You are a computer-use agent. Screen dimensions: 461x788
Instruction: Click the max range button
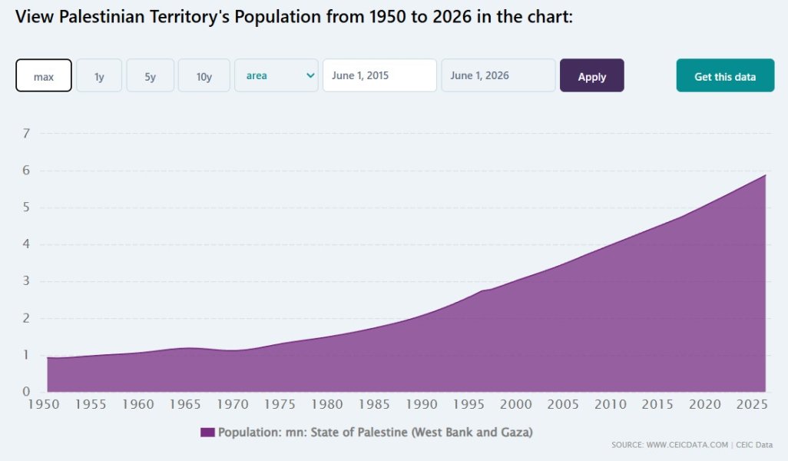pos(44,76)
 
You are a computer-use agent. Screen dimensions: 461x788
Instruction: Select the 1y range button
pos(99,76)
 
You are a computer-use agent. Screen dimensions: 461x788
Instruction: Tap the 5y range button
pos(151,76)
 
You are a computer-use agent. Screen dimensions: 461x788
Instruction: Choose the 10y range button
pos(204,76)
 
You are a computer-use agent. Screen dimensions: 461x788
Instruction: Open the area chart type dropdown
pos(276,76)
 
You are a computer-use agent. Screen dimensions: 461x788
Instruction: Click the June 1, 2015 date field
pos(379,76)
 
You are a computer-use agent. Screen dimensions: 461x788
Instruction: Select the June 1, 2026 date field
pos(498,76)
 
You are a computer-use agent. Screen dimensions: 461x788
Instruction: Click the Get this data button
pos(725,76)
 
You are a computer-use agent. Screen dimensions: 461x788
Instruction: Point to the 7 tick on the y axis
pos(26,134)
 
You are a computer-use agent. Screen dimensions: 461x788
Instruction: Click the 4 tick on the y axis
pos(26,244)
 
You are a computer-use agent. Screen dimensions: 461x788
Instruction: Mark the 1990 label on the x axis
pos(422,404)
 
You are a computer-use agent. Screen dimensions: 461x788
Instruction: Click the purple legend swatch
pos(207,433)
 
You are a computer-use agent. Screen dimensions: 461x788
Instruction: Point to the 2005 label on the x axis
pos(563,404)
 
